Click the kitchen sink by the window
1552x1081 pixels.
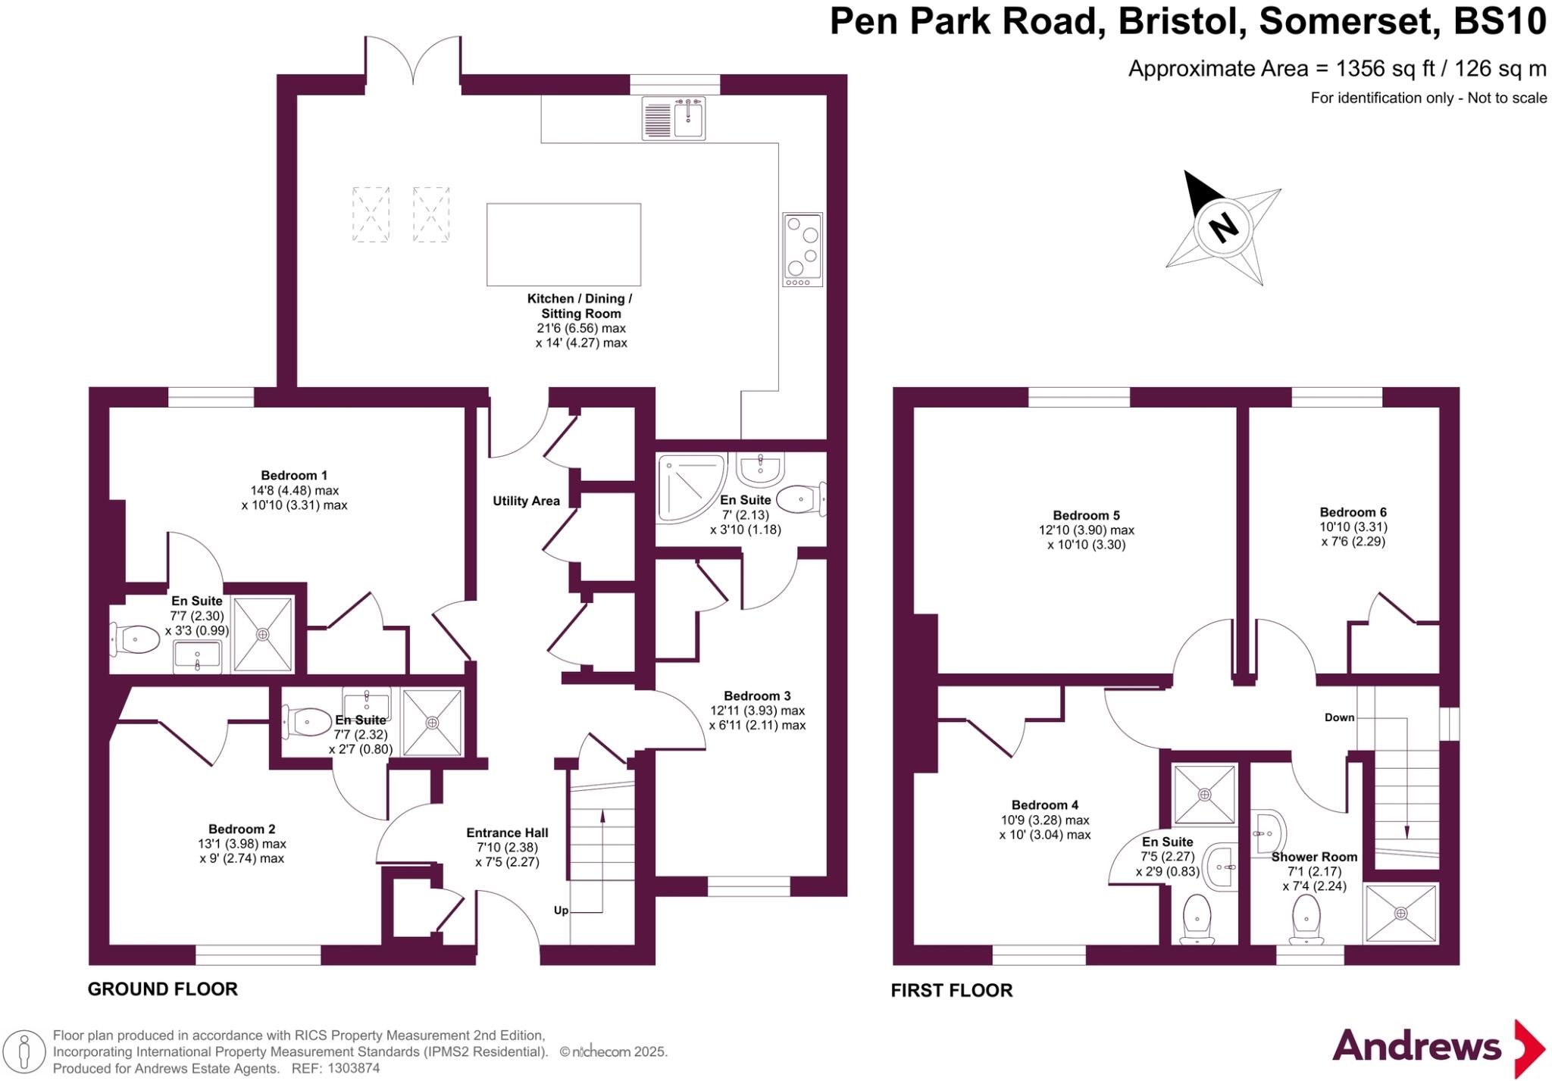tap(674, 118)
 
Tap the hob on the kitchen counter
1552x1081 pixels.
tap(803, 249)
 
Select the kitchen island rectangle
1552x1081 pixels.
tap(564, 244)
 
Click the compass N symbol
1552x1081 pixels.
tap(1223, 227)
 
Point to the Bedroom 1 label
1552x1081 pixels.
tap(294, 476)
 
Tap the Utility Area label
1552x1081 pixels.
tap(526, 501)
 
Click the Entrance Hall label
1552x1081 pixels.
tap(507, 833)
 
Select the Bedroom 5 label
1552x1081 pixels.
tap(1086, 516)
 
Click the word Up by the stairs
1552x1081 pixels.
tap(561, 911)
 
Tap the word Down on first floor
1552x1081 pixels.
tap(1339, 717)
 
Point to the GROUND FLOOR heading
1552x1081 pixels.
tap(163, 989)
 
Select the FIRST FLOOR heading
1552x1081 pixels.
tap(951, 990)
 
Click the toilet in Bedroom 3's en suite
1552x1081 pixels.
tap(800, 499)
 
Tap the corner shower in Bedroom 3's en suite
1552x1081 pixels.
tap(688, 487)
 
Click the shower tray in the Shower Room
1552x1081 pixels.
tap(1400, 913)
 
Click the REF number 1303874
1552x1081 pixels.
tap(353, 1068)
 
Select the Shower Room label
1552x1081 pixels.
tap(1314, 857)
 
